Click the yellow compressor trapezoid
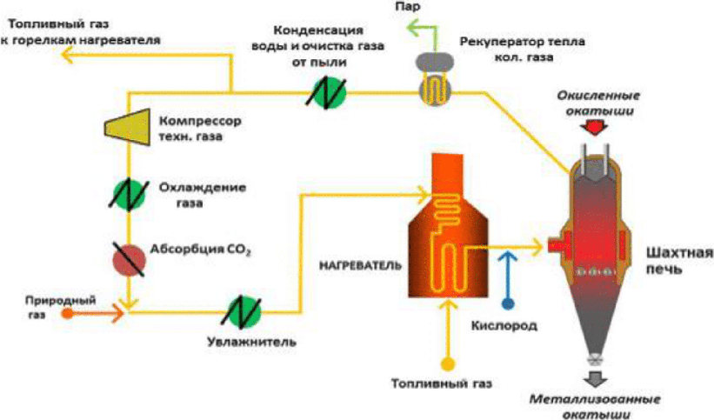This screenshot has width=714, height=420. tap(128, 126)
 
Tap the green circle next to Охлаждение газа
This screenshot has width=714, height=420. tap(130, 195)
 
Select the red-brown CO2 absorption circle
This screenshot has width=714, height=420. tap(130, 260)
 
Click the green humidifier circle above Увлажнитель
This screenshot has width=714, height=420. tap(245, 312)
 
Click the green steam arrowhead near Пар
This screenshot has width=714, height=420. tap(412, 27)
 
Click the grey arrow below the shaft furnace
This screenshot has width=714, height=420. tap(595, 379)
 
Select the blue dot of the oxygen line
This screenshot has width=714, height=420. tap(508, 303)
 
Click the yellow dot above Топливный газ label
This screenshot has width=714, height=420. tap(448, 364)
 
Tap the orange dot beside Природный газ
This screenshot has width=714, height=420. tap(68, 313)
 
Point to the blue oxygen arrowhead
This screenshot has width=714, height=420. tap(508, 256)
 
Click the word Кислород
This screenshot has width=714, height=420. tap(504, 326)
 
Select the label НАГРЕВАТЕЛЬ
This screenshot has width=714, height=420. tap(360, 265)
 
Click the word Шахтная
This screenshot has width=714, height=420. tap(679, 253)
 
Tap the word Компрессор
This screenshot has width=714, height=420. tap(200, 122)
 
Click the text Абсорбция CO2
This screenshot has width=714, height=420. tap(201, 250)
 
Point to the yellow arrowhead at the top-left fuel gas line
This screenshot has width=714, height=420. tap(68, 57)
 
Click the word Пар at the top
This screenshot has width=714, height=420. tap(407, 7)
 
